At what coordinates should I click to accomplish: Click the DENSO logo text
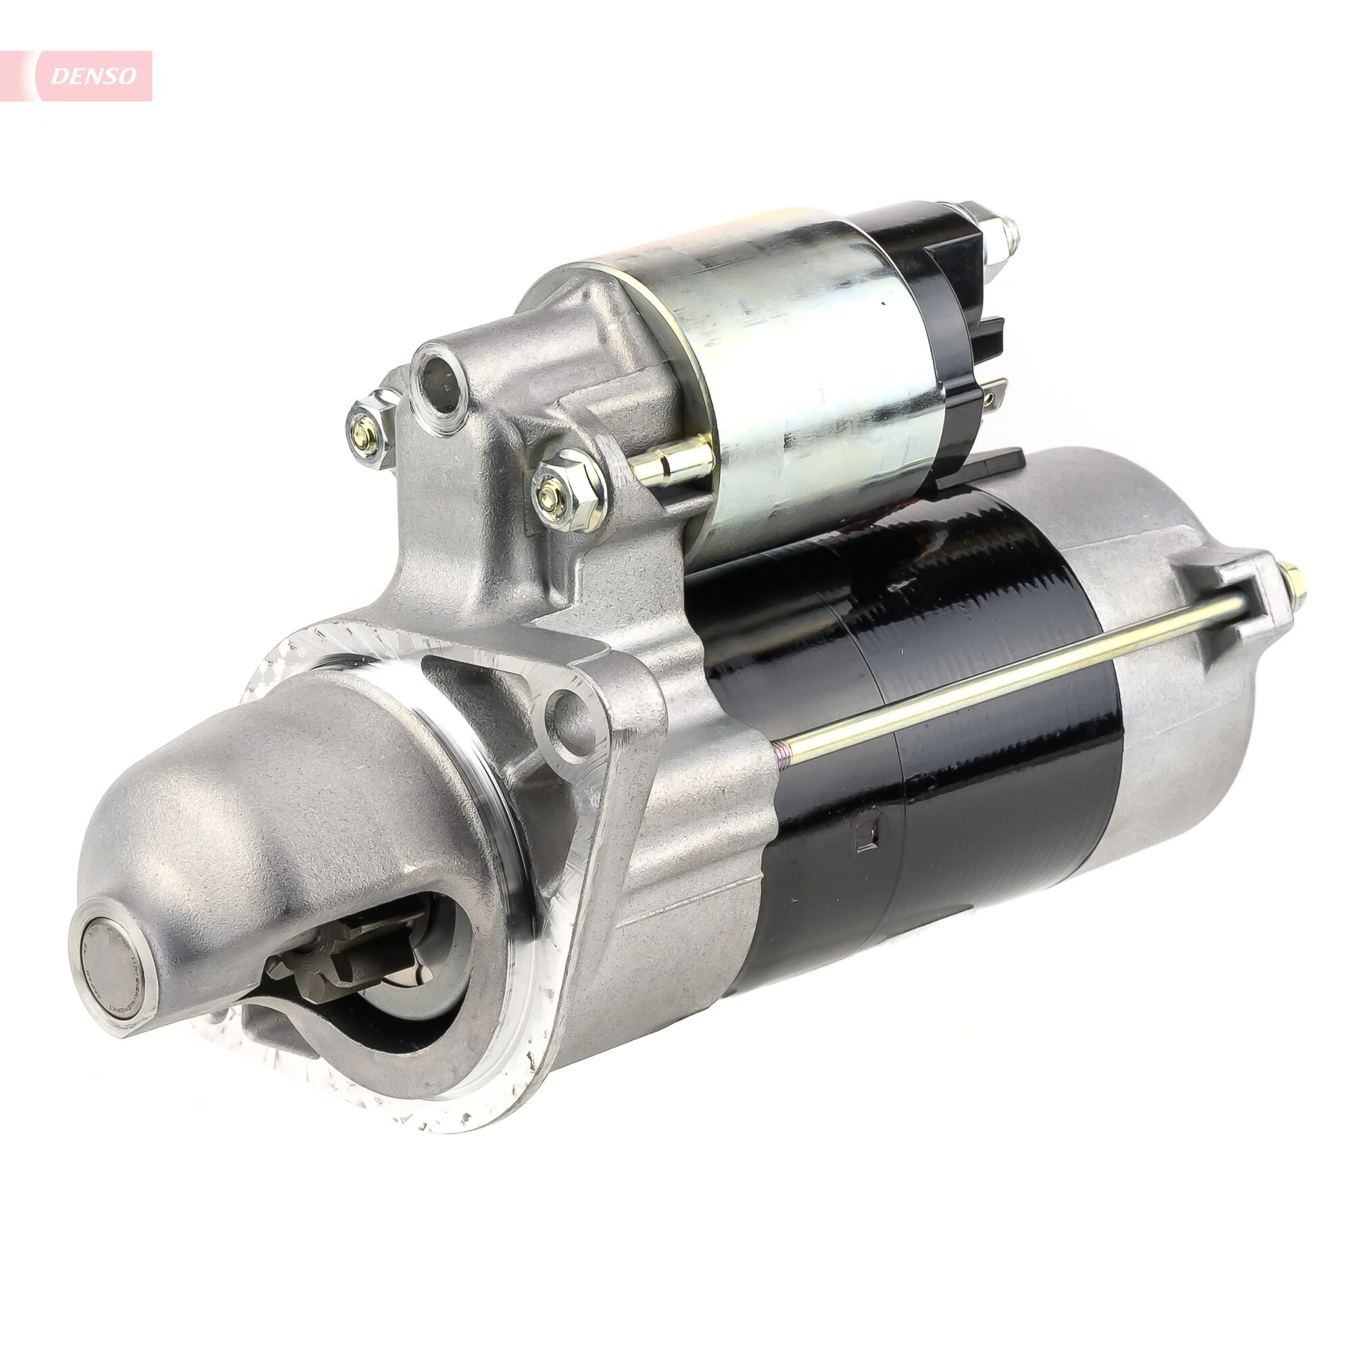94,76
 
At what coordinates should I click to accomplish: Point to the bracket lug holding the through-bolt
1253,595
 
